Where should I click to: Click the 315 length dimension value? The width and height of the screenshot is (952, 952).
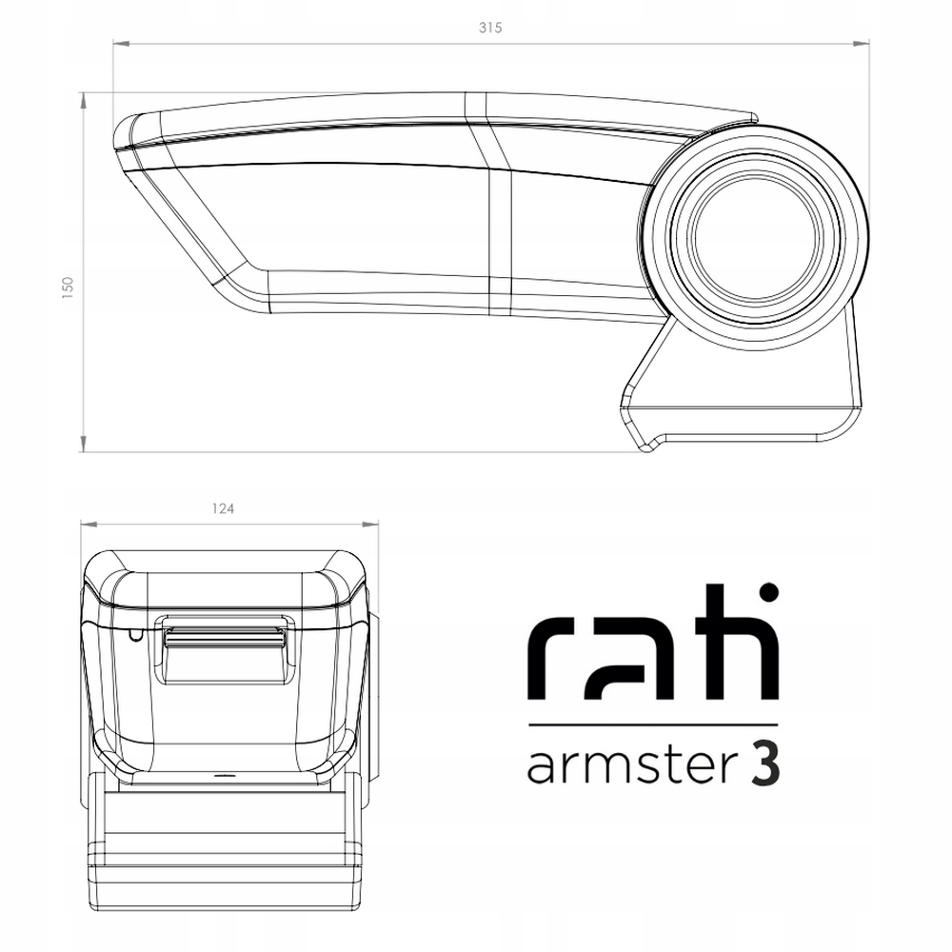coord(490,28)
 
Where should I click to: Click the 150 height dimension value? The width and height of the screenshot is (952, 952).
coord(67,288)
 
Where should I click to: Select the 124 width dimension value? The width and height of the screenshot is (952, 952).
coord(226,508)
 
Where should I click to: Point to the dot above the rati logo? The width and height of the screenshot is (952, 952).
coord(769,592)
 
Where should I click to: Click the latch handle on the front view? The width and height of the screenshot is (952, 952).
coord(225,636)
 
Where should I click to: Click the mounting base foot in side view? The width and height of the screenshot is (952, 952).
coord(743,419)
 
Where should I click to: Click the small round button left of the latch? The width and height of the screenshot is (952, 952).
coord(134,632)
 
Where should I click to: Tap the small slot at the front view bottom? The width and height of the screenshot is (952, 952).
coord(225,775)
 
